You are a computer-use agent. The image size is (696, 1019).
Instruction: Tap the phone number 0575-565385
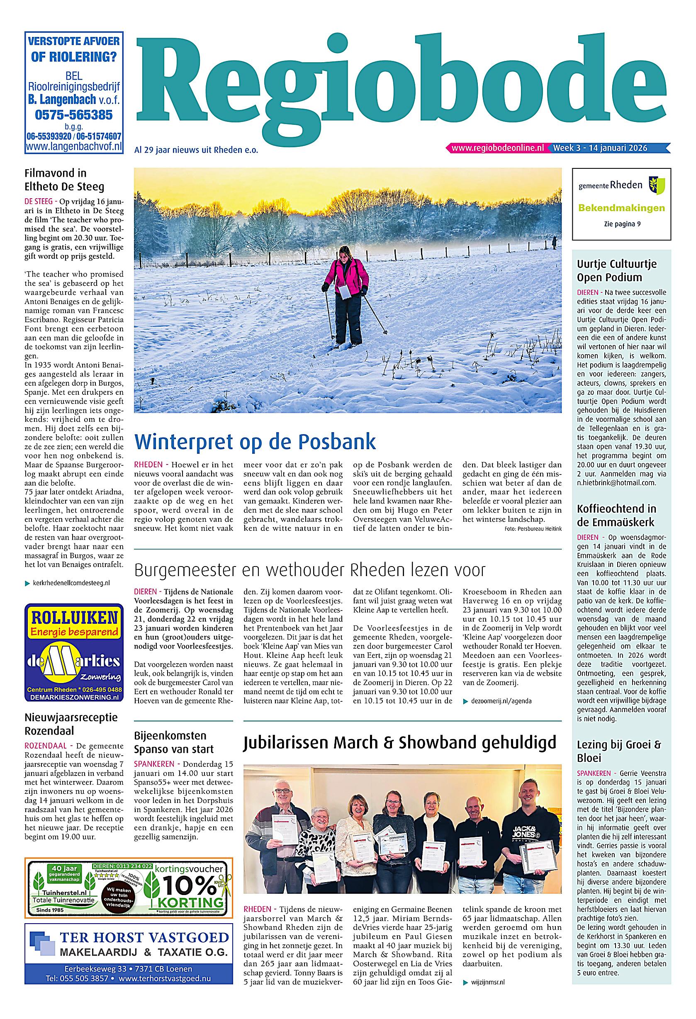tap(74, 115)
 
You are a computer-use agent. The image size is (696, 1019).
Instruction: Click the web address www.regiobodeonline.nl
tap(497, 148)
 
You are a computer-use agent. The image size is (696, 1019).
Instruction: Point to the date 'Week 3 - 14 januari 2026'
tap(600, 148)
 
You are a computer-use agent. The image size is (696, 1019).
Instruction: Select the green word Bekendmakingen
tap(621, 208)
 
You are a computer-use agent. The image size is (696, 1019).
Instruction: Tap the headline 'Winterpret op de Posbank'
tap(255, 442)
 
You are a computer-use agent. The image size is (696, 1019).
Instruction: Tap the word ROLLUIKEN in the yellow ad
tap(73, 619)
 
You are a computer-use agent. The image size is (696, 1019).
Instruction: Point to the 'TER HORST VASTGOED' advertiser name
tap(144, 938)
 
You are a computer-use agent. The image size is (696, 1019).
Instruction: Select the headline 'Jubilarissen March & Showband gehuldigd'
tap(399, 743)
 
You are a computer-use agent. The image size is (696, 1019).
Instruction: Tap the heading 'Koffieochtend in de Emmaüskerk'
tap(617, 515)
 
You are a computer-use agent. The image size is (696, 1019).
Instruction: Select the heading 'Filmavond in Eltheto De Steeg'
tap(64, 180)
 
